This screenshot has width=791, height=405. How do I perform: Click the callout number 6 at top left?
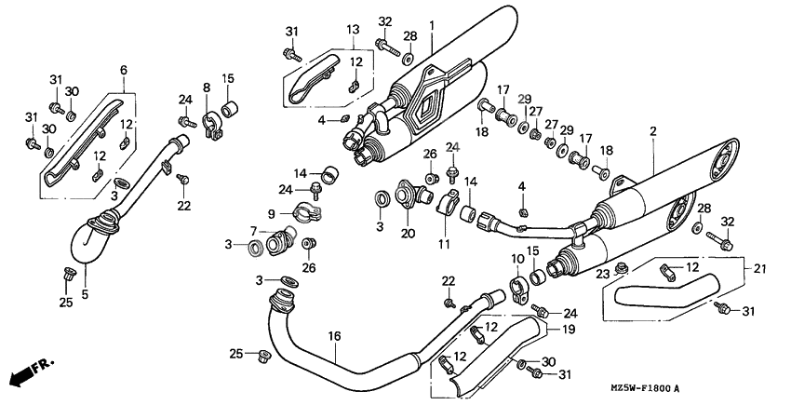point(122,71)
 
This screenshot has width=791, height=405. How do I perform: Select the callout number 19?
point(567,329)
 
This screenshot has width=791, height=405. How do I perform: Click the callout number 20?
point(408,233)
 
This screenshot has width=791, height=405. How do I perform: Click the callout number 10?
point(516,257)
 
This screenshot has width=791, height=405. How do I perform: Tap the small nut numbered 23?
point(621,268)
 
